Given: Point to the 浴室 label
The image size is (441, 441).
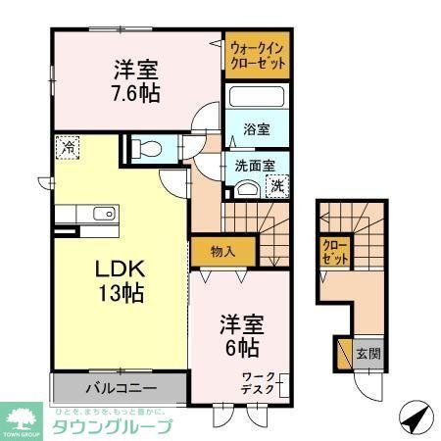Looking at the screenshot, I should pyautogui.click(x=257, y=128).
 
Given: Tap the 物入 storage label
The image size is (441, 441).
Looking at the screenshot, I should pyautogui.click(x=223, y=251).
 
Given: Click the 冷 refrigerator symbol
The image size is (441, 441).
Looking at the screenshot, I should pyautogui.click(x=68, y=147).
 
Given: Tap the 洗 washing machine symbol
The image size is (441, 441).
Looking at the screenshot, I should pyautogui.click(x=277, y=185).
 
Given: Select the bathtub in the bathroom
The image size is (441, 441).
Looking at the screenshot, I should pyautogui.click(x=256, y=100).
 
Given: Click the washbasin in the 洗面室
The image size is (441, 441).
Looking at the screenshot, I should pyautogui.click(x=248, y=189).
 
